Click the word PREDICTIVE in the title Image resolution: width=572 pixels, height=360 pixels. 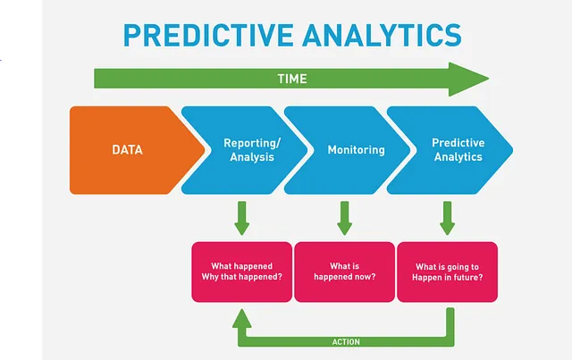click(208, 36)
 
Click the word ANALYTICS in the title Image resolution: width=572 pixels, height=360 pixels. click(382, 36)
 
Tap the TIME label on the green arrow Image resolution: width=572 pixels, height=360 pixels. click(292, 79)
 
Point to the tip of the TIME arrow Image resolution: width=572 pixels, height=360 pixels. click(489, 79)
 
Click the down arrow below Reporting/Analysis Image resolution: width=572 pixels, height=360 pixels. click(242, 218)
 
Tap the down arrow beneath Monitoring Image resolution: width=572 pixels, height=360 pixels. click(345, 218)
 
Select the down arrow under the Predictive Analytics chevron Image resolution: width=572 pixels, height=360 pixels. click(448, 218)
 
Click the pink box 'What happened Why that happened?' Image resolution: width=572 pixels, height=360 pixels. click(242, 272)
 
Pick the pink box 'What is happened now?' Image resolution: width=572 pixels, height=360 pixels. click(345, 272)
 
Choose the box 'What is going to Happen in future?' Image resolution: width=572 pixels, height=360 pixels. click(448, 272)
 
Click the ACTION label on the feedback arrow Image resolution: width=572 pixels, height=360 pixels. click(346, 342)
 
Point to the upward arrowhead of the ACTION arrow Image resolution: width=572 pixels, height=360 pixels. click(242, 318)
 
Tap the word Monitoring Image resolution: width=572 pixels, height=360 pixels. click(356, 150)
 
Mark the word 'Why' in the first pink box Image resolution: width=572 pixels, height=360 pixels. click(209, 277)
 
